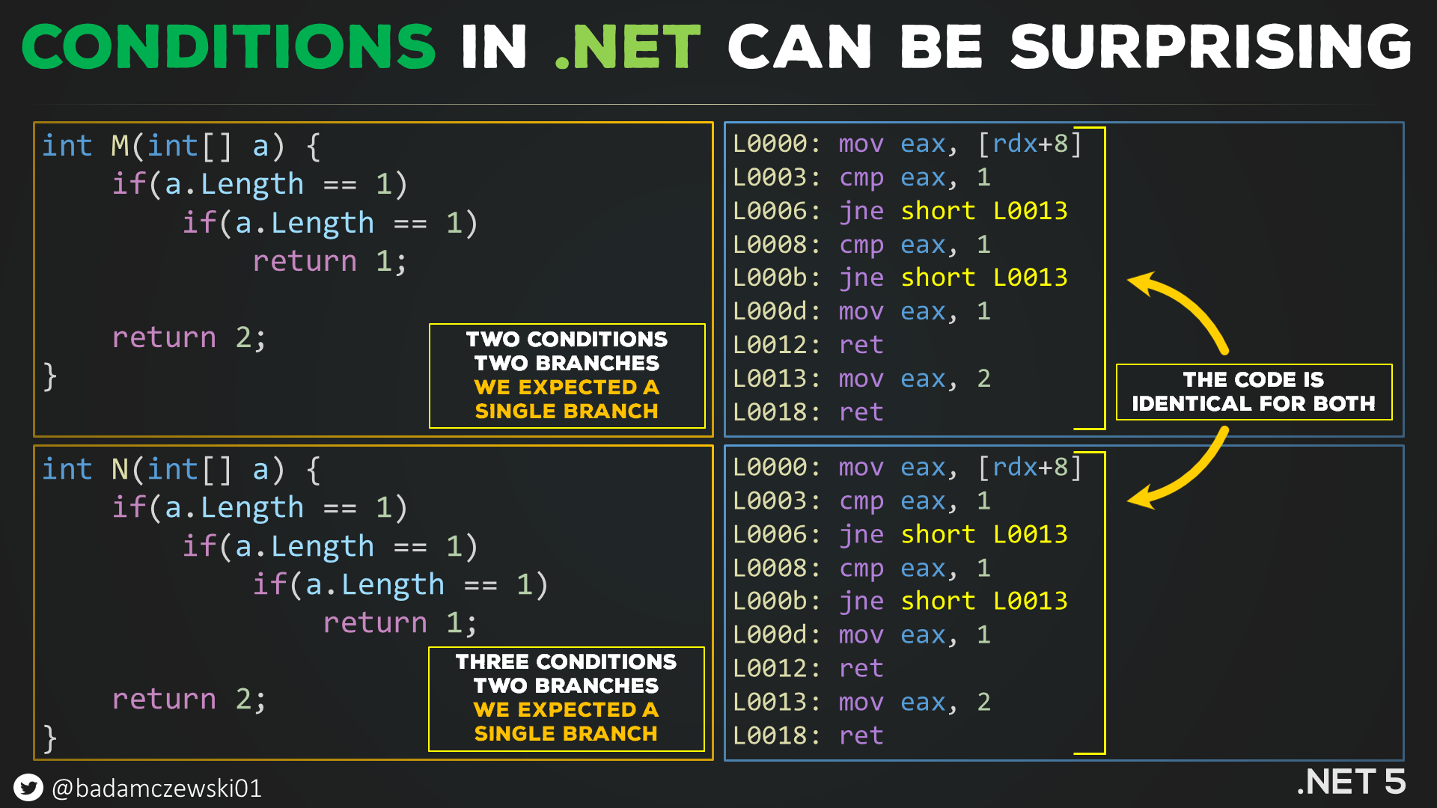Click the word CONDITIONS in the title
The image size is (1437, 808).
click(x=228, y=46)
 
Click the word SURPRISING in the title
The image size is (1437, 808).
click(x=1210, y=46)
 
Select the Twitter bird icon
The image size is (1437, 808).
click(x=28, y=788)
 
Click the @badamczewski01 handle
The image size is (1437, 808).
click(x=157, y=789)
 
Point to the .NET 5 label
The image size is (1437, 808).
click(x=1351, y=782)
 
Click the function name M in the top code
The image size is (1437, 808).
click(x=120, y=146)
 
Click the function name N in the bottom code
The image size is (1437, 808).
click(x=120, y=470)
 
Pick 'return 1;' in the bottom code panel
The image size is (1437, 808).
click(x=400, y=622)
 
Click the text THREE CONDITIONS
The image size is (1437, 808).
click(x=566, y=662)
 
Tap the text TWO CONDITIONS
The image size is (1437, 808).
click(x=567, y=339)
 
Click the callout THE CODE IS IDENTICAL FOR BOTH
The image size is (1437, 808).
click(x=1254, y=391)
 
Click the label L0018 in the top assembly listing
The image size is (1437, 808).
click(x=775, y=412)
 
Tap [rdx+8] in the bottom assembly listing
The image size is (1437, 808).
click(x=1030, y=468)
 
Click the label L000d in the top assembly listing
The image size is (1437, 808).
click(x=775, y=311)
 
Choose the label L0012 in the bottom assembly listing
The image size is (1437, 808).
click(x=775, y=668)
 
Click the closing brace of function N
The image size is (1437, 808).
click(x=50, y=738)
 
